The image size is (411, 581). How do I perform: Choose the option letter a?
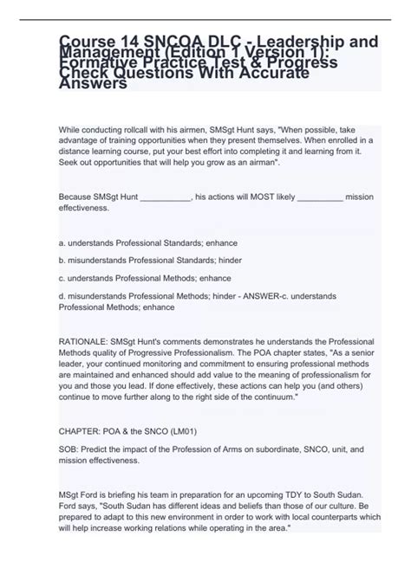pyautogui.click(x=61, y=244)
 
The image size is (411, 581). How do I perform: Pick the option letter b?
pyautogui.click(x=61, y=259)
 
